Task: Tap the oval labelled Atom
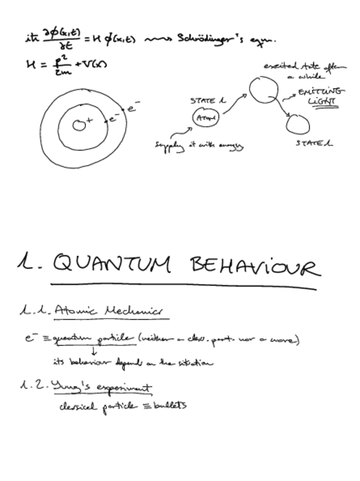(202, 119)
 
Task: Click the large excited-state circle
(263, 90)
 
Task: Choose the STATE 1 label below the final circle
(314, 143)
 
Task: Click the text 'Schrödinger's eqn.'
(227, 39)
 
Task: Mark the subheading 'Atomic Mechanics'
(108, 311)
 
